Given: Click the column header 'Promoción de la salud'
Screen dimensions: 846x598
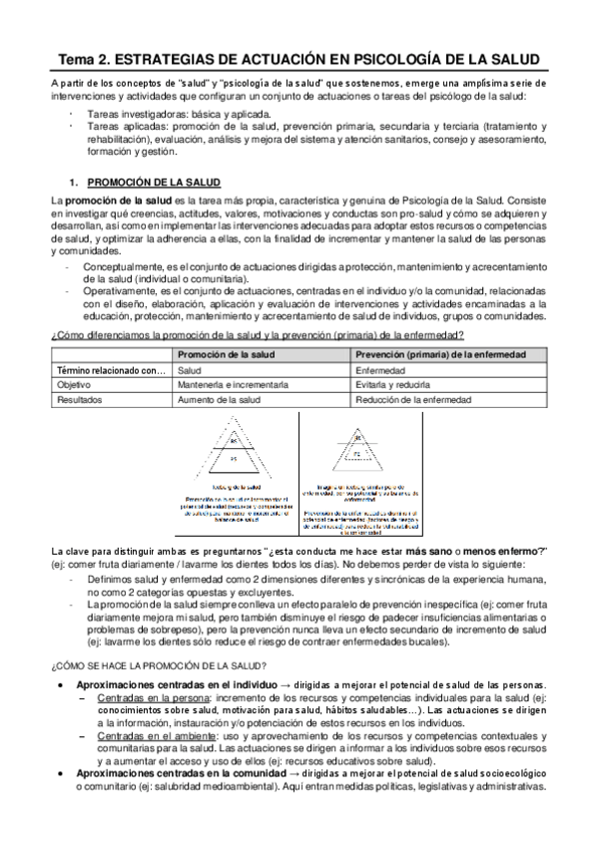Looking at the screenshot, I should [220, 355].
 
